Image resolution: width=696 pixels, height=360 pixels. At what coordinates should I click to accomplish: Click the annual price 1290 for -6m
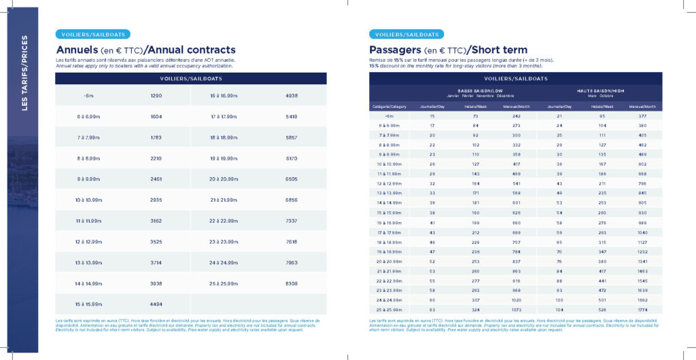pos(156,96)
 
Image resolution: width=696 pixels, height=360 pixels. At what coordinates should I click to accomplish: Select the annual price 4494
pos(156,304)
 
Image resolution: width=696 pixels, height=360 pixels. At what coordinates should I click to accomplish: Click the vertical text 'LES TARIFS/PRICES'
pos(24,73)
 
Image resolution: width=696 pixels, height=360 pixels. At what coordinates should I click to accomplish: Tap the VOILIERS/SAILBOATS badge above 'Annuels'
pos(92,34)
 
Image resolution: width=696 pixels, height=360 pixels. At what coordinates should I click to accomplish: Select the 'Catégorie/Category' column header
pos(389,107)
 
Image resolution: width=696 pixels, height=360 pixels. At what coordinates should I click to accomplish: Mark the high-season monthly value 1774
pos(642,309)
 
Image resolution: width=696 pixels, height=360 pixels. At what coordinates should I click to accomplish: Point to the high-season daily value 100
pos(559,300)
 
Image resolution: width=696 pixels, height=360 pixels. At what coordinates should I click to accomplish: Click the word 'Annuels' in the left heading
pos(77,50)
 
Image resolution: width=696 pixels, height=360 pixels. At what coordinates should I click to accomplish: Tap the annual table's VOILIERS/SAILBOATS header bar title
pos(190,79)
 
